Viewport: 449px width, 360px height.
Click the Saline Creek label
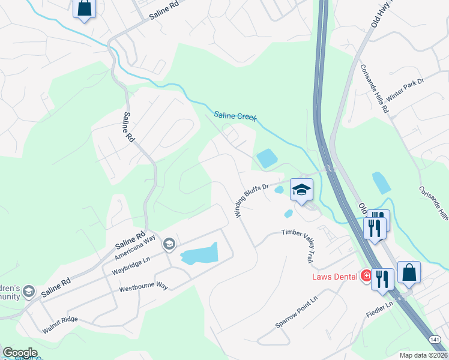[235, 116]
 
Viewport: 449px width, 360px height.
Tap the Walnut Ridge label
[60, 325]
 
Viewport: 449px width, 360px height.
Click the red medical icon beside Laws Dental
[366, 276]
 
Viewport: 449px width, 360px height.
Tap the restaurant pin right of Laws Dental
[382, 279]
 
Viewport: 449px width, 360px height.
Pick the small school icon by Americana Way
[169, 243]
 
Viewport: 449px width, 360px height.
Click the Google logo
[20, 353]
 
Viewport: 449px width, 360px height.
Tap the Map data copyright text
[423, 355]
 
